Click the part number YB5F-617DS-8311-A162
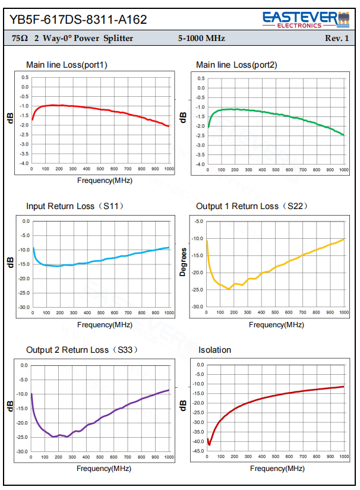(78, 20)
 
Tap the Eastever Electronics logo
(306, 20)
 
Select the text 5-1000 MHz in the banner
(201, 38)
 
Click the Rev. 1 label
(337, 38)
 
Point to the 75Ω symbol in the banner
(20, 38)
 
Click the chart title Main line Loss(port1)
(67, 65)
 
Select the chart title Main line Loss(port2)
(236, 65)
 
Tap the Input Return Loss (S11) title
(75, 206)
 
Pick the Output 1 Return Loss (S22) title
(252, 206)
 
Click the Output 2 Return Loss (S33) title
(82, 350)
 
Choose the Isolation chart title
(214, 350)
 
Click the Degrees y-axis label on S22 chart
(183, 262)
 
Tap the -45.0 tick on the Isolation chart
(198, 451)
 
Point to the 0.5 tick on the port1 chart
(25, 77)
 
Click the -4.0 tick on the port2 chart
(200, 165)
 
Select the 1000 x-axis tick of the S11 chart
(169, 313)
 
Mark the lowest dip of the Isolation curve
(209, 444)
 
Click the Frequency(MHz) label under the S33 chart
(104, 469)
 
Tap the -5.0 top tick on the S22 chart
(199, 222)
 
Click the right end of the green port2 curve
(344, 135)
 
